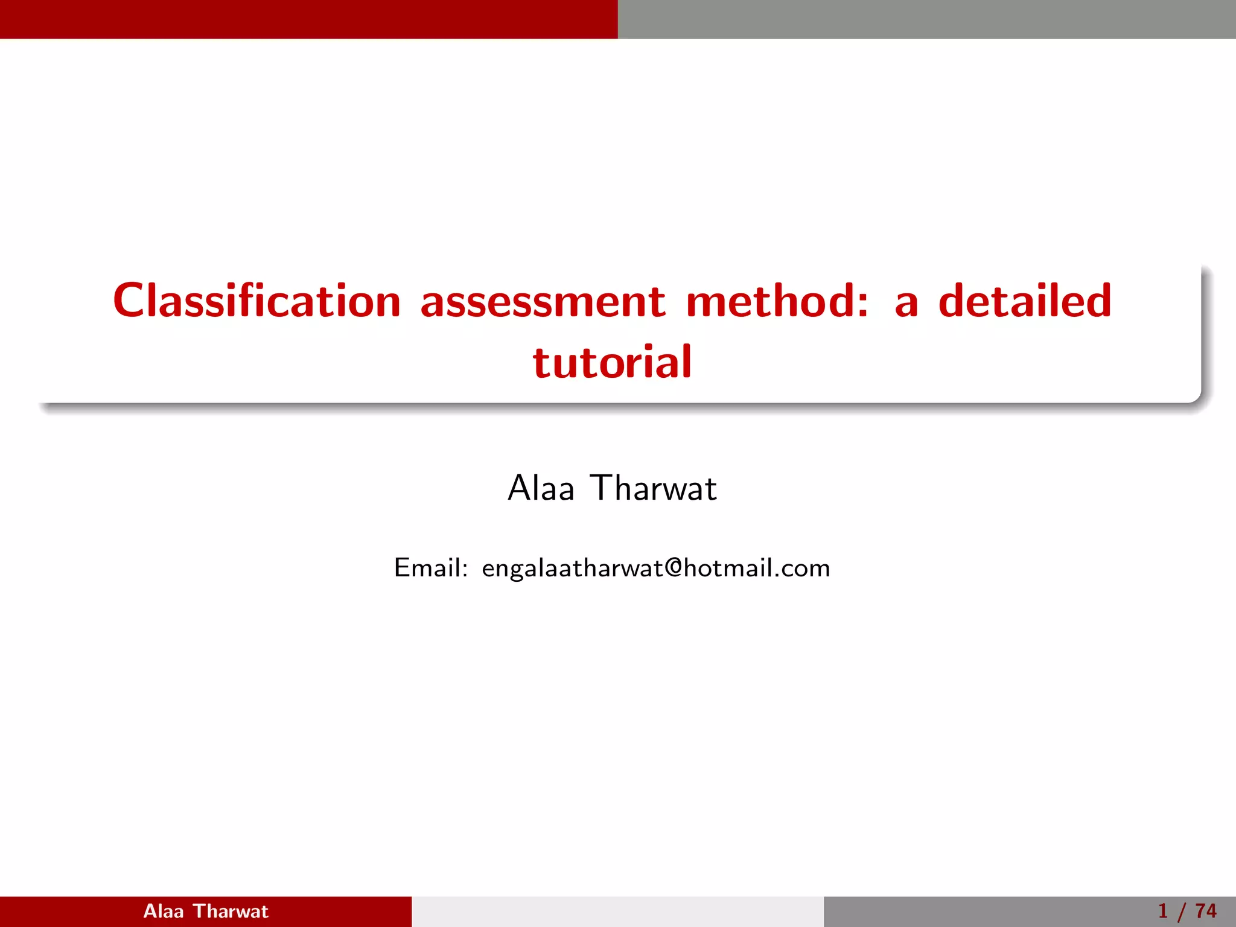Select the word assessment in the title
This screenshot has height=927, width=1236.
543,302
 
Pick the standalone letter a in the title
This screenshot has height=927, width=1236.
906,305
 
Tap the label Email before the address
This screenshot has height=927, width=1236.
427,568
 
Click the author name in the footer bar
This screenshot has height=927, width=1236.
206,911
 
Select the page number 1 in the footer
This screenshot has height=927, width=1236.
1163,911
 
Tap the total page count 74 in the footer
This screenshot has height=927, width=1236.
1206,911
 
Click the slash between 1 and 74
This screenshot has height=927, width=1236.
1182,912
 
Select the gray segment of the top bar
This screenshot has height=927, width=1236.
927,19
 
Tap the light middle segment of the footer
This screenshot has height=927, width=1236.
617,911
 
